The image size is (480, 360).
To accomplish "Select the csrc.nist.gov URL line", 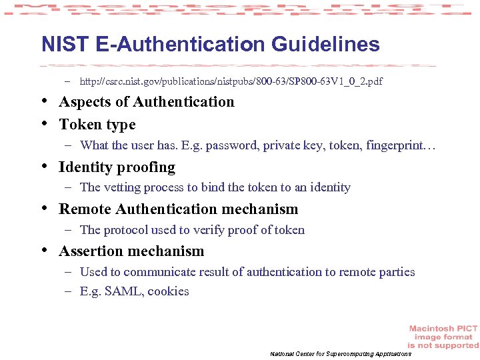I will point(231,81).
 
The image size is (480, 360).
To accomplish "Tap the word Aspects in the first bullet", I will point(84,102).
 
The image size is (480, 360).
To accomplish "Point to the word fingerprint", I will point(399,145).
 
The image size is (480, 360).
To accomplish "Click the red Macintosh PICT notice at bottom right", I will point(443,337).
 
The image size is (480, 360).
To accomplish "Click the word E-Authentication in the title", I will point(181,45).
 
